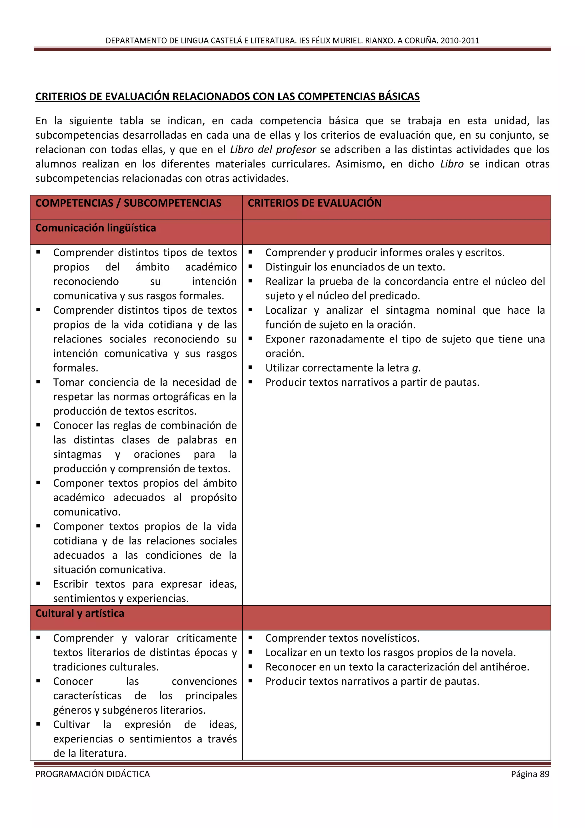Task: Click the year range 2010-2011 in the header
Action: (460, 40)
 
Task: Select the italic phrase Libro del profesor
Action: (273, 149)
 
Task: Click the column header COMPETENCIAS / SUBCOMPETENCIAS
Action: (128, 203)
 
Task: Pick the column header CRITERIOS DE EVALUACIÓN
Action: (314, 203)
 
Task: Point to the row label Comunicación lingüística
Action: (95, 228)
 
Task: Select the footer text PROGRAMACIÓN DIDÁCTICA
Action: (93, 774)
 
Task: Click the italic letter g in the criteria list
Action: (415, 368)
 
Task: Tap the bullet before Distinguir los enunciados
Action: (250, 266)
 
